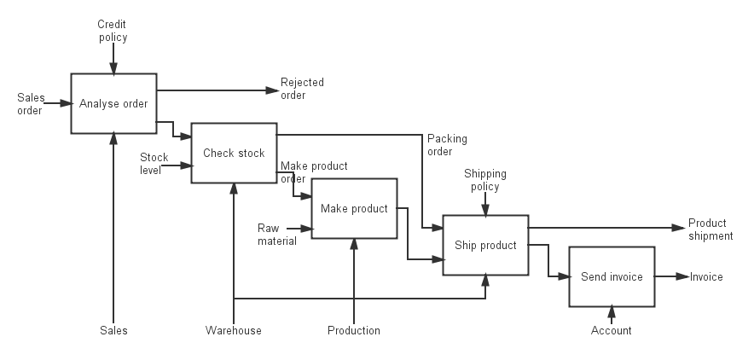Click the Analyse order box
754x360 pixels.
113,104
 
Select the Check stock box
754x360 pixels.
234,154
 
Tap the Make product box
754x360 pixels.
354,209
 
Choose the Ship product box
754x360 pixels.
485,246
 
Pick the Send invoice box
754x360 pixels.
612,277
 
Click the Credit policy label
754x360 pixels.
113,32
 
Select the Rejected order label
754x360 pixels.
302,89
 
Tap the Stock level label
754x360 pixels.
154,163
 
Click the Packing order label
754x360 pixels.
447,145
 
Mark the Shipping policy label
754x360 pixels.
485,180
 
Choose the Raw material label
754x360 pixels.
276,235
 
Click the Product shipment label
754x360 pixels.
710,229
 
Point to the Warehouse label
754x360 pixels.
233,331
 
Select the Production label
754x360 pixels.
354,331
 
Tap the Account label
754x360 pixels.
612,331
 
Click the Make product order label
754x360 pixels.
313,171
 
